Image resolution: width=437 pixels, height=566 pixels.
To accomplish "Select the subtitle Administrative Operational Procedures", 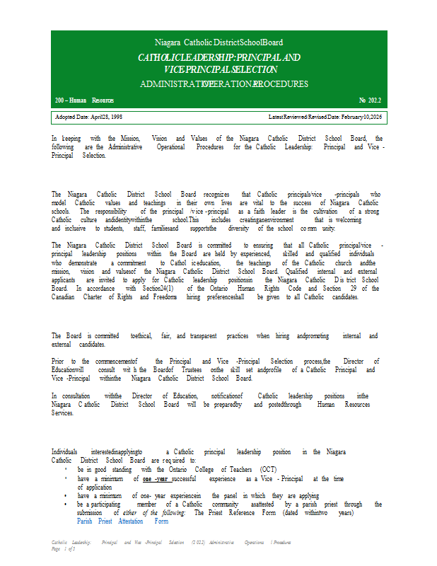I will (224, 84).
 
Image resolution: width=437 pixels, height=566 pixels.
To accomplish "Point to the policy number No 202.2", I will (369, 101).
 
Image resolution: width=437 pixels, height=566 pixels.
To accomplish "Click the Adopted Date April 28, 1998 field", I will (88, 116).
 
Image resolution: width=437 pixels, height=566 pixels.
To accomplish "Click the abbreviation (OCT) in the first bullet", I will (268, 469).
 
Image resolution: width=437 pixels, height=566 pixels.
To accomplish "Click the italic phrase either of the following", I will (153, 513).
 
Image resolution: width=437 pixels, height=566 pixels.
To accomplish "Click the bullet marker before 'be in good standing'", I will (66, 469).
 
